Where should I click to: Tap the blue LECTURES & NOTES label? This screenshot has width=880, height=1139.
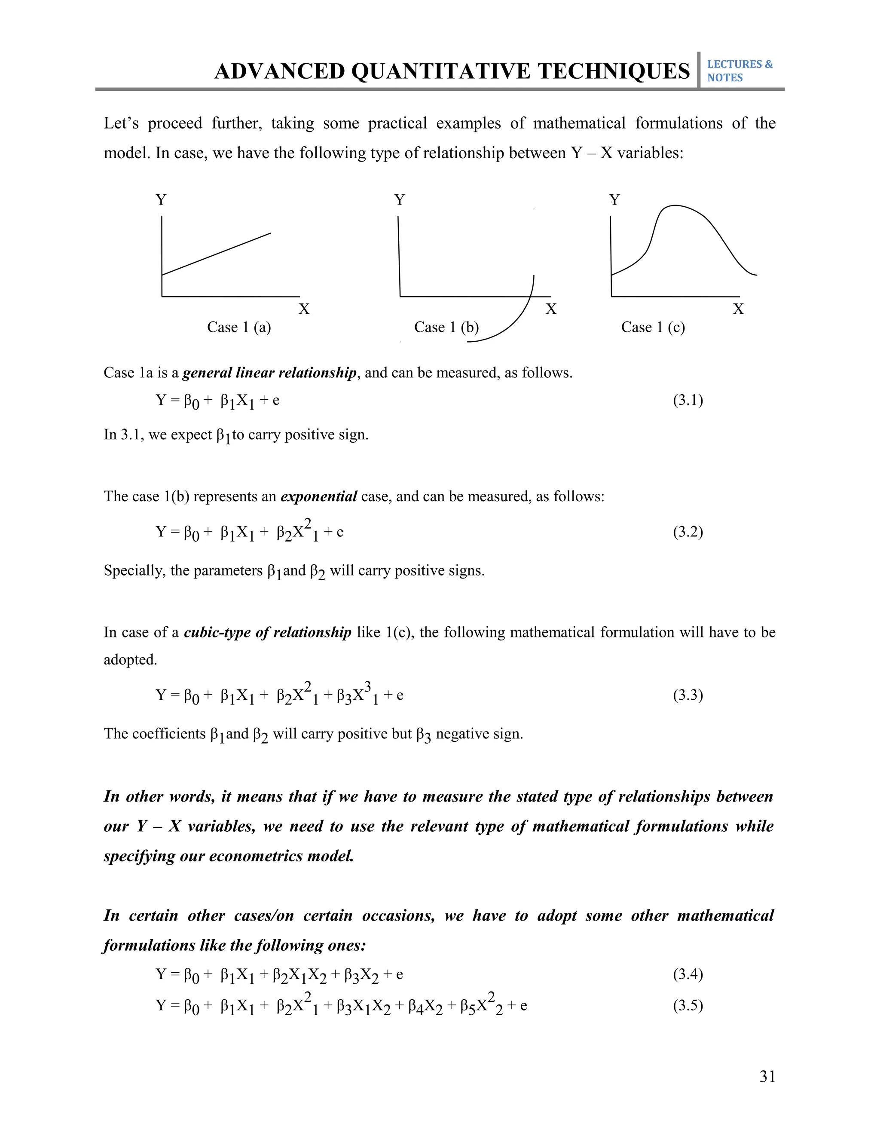click(739, 71)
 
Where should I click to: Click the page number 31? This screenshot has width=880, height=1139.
click(767, 1076)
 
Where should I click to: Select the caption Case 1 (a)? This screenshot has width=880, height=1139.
click(239, 327)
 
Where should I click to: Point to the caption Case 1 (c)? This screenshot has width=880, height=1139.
click(653, 327)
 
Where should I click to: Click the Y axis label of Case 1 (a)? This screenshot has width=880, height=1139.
click(161, 200)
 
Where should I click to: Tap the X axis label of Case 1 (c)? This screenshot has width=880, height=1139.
click(738, 309)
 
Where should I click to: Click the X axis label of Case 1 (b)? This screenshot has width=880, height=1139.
click(550, 309)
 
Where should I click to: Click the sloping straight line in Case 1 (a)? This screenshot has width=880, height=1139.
click(217, 254)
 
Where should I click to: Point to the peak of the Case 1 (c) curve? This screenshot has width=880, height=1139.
click(675, 206)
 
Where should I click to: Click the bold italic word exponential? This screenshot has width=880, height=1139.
click(318, 496)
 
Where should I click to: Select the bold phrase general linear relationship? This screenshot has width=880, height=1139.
click(269, 373)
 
